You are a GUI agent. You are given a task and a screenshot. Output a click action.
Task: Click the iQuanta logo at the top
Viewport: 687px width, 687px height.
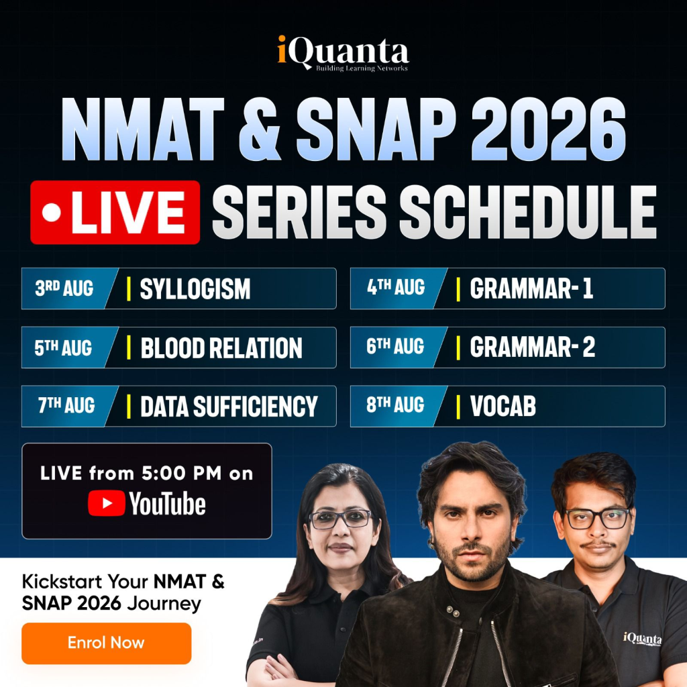tap(343, 54)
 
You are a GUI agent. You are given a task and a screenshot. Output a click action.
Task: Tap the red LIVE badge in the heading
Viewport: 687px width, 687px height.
tap(115, 213)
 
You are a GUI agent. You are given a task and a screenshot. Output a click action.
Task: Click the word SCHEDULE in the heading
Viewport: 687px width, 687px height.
tap(527, 213)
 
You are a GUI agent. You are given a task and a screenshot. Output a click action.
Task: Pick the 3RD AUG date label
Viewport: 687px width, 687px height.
tap(64, 288)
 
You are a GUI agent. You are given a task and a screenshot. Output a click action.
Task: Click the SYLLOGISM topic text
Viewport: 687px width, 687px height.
tap(195, 288)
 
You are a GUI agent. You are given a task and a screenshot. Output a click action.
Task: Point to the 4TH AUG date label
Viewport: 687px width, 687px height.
tap(396, 287)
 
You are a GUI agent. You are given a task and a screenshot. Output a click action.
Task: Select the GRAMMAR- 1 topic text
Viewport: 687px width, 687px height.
tap(531, 288)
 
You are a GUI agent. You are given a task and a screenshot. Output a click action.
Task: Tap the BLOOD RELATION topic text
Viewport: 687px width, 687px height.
tap(221, 348)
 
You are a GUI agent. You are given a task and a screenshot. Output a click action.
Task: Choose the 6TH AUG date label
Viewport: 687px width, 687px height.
tap(395, 347)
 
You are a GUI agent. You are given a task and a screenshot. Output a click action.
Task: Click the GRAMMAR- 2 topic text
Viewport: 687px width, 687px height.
tap(532, 348)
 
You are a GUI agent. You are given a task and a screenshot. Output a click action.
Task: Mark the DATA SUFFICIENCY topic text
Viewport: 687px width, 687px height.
tap(229, 407)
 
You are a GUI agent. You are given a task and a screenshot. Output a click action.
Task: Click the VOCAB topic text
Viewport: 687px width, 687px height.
tap(503, 406)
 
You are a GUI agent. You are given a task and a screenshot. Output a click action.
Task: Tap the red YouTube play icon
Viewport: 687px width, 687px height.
tap(107, 503)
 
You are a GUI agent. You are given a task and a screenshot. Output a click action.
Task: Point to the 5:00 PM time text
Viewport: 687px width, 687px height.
tap(181, 474)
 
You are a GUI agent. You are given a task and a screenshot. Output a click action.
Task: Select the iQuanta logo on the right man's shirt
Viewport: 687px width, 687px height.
tap(642, 639)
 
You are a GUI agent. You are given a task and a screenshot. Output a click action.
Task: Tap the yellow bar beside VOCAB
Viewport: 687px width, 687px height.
tap(458, 407)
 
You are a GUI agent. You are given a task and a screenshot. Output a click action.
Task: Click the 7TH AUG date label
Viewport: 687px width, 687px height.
tap(66, 405)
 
